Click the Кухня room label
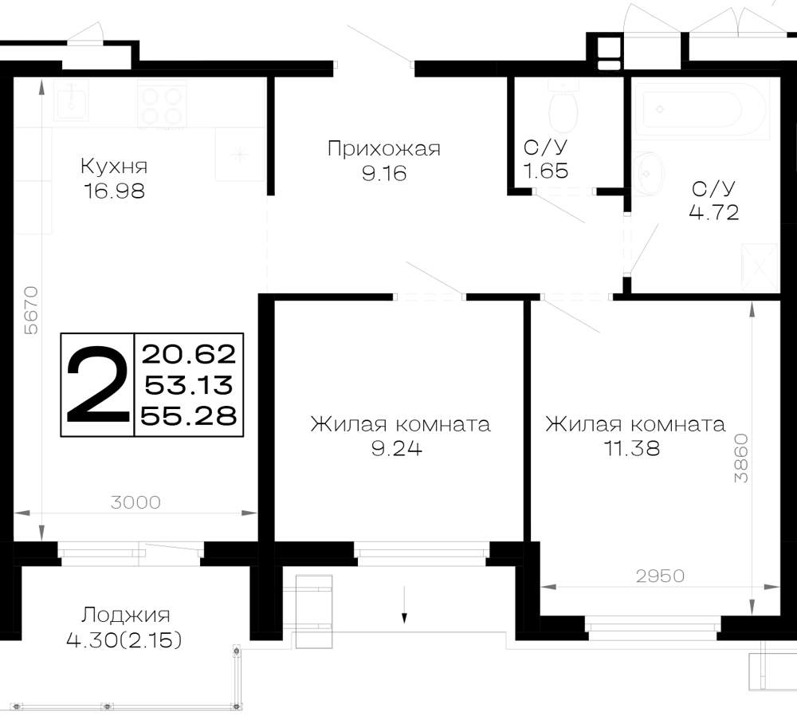point(114,167)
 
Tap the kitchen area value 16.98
point(114,191)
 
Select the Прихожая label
point(384,149)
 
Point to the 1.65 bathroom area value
point(545,171)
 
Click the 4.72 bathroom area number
point(713,212)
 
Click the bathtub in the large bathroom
point(704,108)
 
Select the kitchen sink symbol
point(71,100)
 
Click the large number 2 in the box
point(97,384)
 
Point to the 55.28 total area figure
point(189,416)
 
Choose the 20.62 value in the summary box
point(189,354)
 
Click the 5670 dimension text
point(32,310)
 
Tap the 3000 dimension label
point(135,502)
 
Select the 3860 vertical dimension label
point(741,458)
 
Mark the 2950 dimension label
point(660,576)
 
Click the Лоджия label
point(126,616)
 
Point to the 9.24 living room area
point(397,449)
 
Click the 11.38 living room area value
point(632,448)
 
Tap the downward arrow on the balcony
point(405,604)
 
